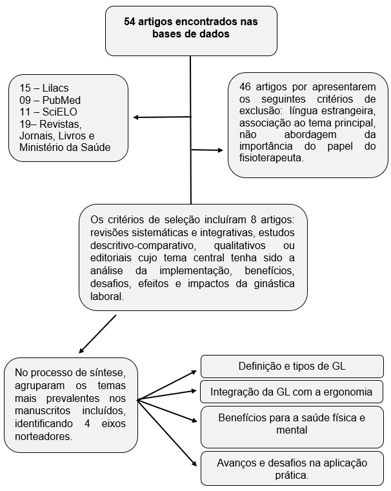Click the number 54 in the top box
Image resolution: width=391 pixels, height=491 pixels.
130,22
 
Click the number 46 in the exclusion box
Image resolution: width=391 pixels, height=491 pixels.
246,87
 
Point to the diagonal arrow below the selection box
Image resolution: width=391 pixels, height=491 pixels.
97,334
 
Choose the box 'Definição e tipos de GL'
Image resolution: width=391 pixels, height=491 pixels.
292,366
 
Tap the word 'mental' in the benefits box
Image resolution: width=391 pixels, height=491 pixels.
292,430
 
